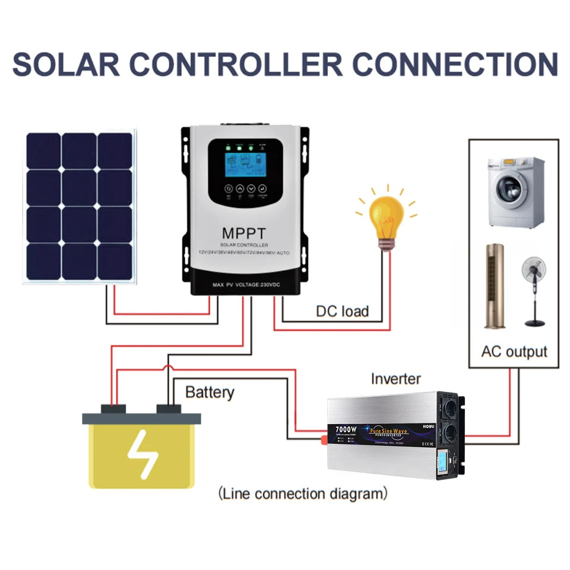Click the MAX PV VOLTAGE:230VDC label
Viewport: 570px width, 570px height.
point(246,286)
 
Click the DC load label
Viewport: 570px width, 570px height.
point(342,311)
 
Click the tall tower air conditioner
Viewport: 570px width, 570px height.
point(494,285)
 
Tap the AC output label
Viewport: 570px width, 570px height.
point(514,351)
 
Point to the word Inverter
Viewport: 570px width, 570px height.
point(395,379)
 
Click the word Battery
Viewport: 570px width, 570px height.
point(210,392)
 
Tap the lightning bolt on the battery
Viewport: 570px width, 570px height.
point(143,454)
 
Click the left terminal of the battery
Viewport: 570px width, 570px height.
point(113,409)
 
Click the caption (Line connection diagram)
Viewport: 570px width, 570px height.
point(303,493)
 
